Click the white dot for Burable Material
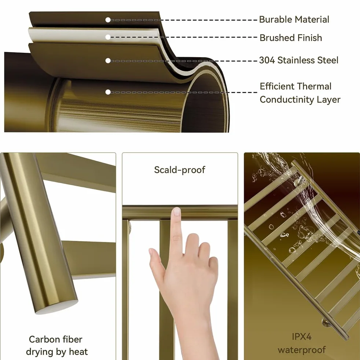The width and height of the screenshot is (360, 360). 108,20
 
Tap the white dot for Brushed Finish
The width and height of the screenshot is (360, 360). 108,37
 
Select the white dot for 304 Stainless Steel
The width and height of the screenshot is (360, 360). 108,60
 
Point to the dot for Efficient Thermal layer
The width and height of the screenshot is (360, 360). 108,92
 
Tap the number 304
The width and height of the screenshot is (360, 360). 267,60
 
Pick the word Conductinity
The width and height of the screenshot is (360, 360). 287,100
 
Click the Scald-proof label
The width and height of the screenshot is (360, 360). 180,170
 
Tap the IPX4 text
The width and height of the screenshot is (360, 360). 302,337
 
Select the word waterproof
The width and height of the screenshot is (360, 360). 302,350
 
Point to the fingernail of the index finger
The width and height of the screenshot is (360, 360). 177,211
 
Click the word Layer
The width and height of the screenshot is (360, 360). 328,100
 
